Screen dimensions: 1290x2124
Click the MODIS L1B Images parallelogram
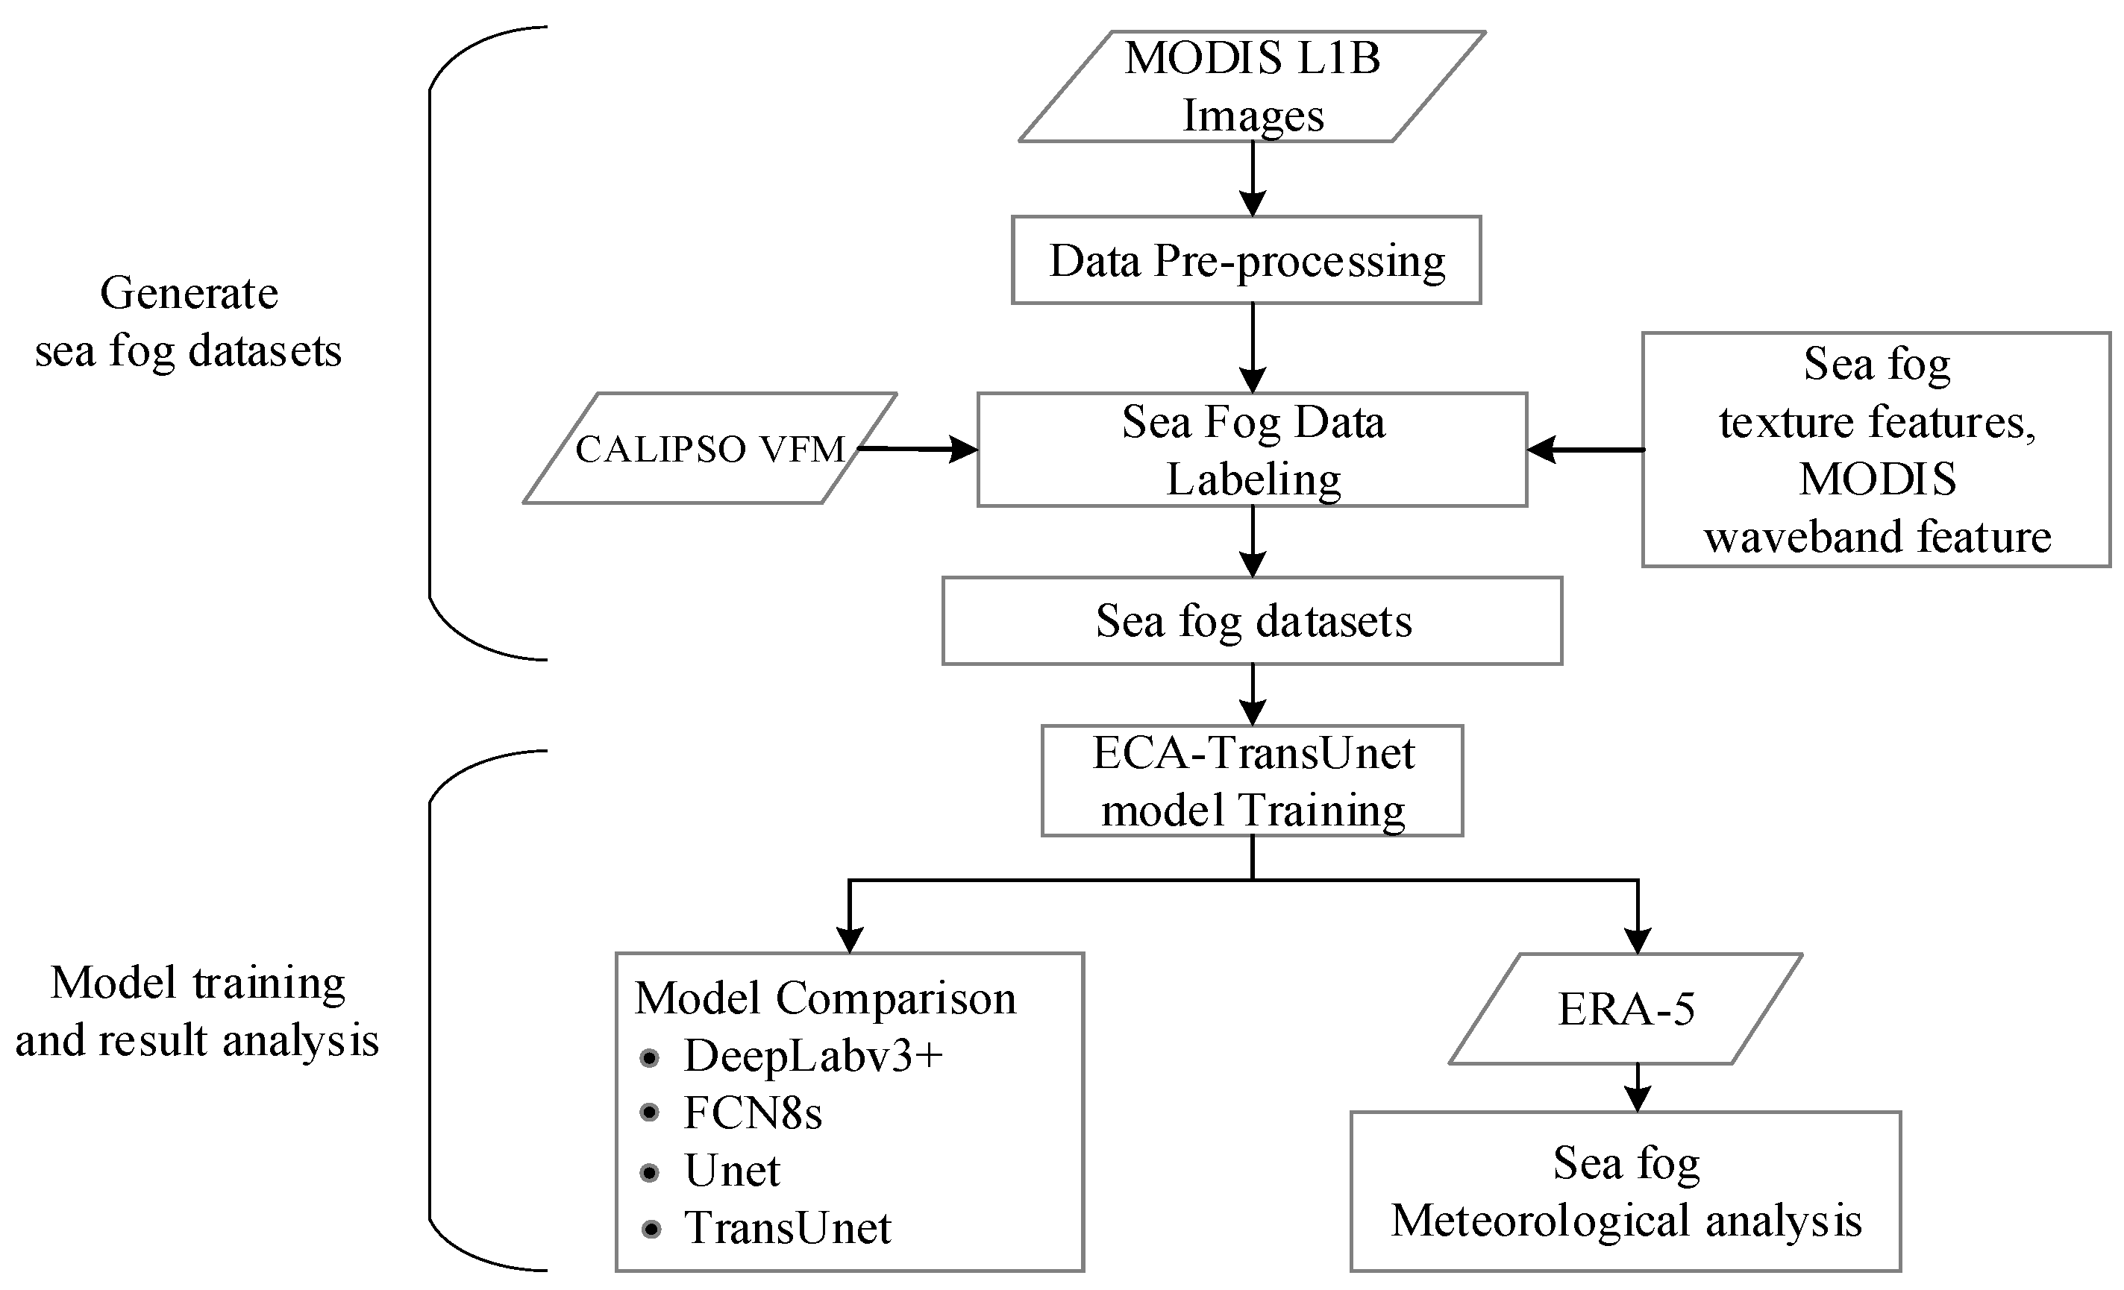(1252, 86)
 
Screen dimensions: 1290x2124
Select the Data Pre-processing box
(1247, 260)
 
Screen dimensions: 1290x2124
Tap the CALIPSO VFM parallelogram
(709, 448)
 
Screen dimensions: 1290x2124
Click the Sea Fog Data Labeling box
(1252, 450)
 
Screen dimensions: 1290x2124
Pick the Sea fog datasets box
(1252, 620)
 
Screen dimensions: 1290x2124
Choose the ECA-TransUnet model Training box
(1252, 781)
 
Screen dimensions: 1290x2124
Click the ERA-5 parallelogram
(1626, 1008)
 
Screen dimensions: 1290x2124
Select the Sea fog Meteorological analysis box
(1626, 1192)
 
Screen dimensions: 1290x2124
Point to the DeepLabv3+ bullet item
(812, 1056)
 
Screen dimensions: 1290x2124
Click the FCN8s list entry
(752, 1113)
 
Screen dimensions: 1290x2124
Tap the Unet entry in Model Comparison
(731, 1170)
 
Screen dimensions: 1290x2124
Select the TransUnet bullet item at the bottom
(786, 1228)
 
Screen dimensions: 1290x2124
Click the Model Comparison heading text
(825, 998)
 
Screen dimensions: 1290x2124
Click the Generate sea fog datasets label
(188, 321)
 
